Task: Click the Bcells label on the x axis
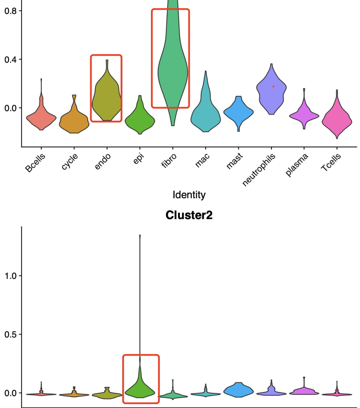pyautogui.click(x=35, y=163)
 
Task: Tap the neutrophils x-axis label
pyautogui.click(x=259, y=170)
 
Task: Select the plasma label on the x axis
pyautogui.click(x=297, y=165)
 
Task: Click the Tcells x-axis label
pyautogui.click(x=331, y=162)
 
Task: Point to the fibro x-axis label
pyautogui.click(x=169, y=160)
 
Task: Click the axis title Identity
pyautogui.click(x=189, y=194)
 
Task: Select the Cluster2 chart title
pyautogui.click(x=189, y=215)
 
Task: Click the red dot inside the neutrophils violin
pyautogui.click(x=273, y=86)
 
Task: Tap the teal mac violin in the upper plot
pyautogui.click(x=205, y=115)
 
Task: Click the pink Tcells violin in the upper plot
pyautogui.click(x=337, y=120)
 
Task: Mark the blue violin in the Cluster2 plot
pyautogui.click(x=238, y=390)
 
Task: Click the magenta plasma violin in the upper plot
pyautogui.click(x=304, y=115)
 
